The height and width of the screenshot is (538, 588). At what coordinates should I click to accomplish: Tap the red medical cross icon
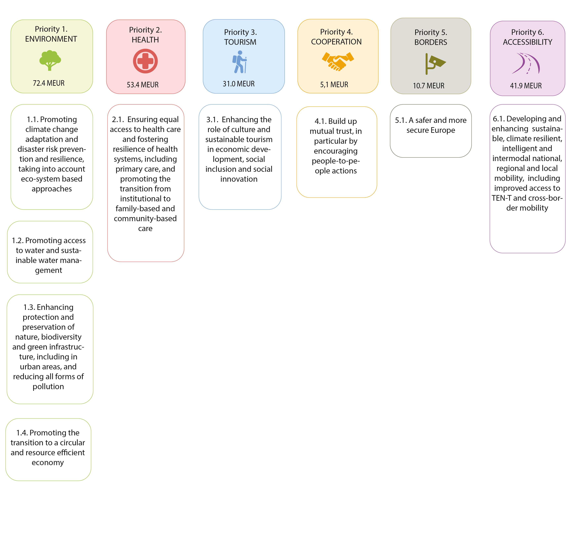145,61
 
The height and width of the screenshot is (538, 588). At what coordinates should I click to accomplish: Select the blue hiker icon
240,62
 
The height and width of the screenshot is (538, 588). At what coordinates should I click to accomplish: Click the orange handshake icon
338,61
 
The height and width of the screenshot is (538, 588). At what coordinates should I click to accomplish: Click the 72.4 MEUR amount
49,83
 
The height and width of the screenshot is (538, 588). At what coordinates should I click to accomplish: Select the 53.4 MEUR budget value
143,85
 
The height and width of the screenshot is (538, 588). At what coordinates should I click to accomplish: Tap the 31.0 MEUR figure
239,84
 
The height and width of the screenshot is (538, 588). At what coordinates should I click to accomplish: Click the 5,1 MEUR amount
334,85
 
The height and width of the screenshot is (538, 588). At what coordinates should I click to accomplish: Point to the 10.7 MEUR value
428,86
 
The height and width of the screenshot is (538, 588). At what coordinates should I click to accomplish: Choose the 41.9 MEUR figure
526,86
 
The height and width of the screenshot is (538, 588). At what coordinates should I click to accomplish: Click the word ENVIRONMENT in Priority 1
51,39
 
